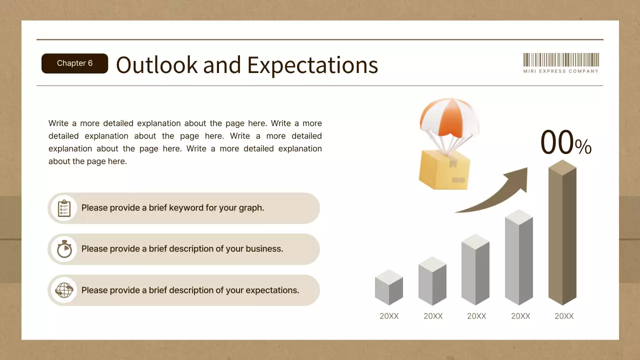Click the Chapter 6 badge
(x=74, y=63)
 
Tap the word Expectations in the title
(x=312, y=65)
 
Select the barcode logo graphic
(x=561, y=60)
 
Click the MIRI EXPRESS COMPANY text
(x=561, y=71)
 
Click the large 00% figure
(x=565, y=143)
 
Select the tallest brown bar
(x=562, y=235)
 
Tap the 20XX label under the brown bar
(x=564, y=316)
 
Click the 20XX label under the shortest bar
(x=389, y=316)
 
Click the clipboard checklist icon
(x=64, y=208)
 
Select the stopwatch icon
(x=64, y=249)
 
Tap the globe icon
(x=64, y=290)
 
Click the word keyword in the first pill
(x=186, y=208)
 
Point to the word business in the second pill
(x=263, y=249)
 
